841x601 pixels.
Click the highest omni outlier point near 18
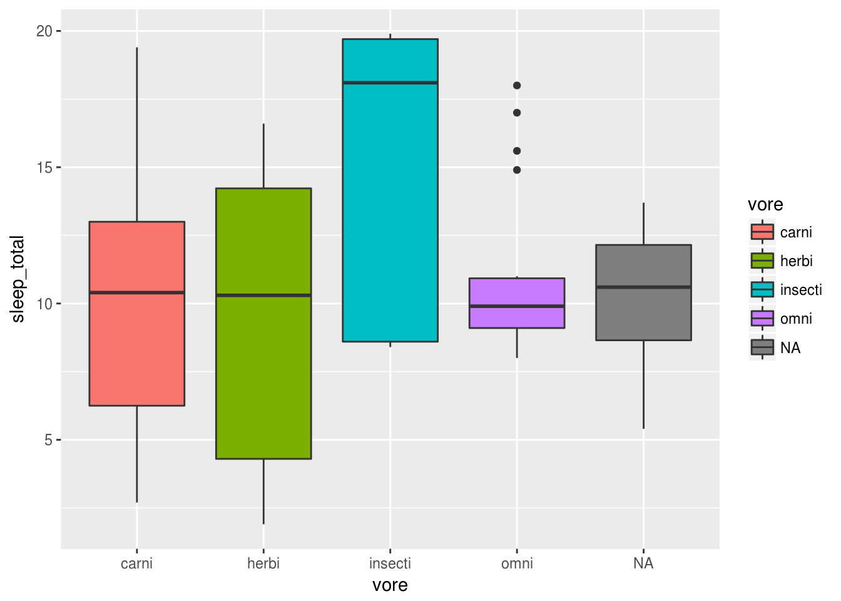[517, 86]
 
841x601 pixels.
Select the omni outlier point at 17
[517, 113]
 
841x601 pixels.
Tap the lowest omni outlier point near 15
[517, 170]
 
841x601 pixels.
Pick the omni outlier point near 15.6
[517, 151]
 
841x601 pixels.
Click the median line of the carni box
[137, 292]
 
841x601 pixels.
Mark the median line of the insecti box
[390, 83]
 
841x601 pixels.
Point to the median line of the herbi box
[263, 295]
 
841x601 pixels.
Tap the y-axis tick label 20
[44, 31]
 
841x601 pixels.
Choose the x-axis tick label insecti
[390, 563]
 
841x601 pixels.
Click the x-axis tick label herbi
[263, 563]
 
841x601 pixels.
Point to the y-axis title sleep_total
[18, 279]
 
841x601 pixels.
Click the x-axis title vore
[390, 585]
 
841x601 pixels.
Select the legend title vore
[765, 205]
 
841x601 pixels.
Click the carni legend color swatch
[762, 232]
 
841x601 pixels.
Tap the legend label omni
[796, 319]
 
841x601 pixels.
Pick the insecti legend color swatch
[762, 289]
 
